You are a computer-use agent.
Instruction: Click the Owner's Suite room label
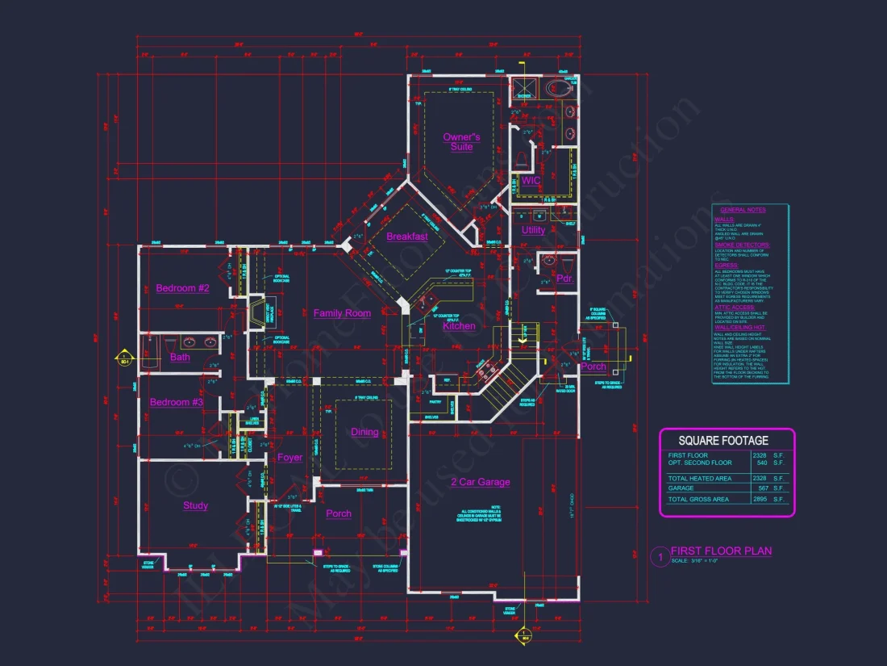[461, 142]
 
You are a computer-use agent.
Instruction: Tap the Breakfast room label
[407, 237]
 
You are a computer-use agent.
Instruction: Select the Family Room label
[342, 313]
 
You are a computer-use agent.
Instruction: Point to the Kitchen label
[459, 326]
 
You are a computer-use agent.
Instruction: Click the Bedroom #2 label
[182, 288]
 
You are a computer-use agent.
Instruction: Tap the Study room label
[195, 506]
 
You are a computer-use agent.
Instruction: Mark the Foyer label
[290, 458]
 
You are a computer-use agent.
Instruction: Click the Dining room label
[364, 432]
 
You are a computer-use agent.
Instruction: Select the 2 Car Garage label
[480, 482]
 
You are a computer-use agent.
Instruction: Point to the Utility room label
[533, 230]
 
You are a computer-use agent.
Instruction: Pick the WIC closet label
[531, 181]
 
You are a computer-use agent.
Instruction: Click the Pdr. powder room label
[564, 279]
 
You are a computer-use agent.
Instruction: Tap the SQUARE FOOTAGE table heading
[723, 441]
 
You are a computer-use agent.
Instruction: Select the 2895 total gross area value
[759, 500]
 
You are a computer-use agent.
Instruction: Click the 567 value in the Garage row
[761, 488]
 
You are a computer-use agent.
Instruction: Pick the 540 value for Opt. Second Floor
[761, 463]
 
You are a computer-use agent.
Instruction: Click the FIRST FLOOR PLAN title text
[721, 551]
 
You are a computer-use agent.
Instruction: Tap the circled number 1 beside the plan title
[659, 556]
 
